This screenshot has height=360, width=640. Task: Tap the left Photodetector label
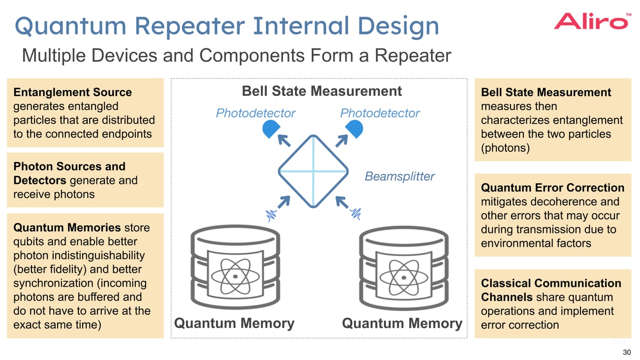click(256, 113)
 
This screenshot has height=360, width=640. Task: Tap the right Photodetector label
click(380, 113)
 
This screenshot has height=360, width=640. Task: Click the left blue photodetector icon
click(270, 129)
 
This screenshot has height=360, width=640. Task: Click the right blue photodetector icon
click(354, 129)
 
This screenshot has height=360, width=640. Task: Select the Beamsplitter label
click(399, 176)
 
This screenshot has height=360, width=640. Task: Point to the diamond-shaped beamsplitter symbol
click(314, 170)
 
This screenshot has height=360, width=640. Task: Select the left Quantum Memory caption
click(234, 324)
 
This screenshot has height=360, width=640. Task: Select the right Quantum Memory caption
click(402, 324)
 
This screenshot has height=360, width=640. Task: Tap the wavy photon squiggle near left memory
click(271, 215)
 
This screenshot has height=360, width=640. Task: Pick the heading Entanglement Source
click(72, 93)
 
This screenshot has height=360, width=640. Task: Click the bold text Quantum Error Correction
click(552, 188)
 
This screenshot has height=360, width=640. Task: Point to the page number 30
click(626, 352)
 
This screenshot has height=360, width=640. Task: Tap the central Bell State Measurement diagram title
click(321, 91)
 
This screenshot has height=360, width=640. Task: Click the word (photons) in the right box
click(505, 148)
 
